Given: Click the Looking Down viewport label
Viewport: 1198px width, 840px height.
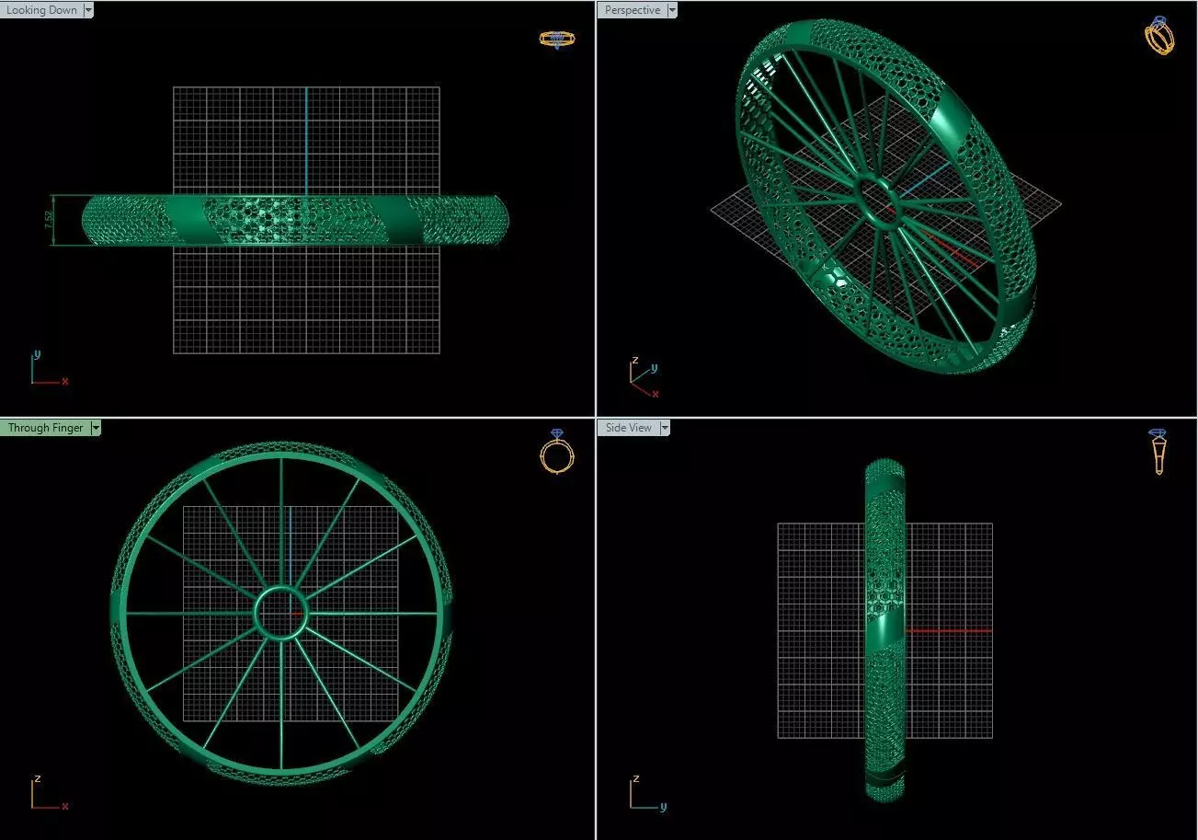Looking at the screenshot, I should coord(41,10).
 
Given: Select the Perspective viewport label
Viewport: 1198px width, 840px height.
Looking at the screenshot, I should coord(632,10).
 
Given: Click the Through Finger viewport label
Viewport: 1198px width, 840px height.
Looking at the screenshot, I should coord(45,428).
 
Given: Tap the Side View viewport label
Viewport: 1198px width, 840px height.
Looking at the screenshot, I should coord(629,428).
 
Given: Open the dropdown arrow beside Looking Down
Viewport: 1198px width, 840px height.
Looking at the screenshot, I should coord(88,10).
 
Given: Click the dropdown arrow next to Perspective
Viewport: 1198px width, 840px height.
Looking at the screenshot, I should coord(672,10).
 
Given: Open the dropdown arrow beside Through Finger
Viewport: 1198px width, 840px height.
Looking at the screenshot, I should coord(96,428).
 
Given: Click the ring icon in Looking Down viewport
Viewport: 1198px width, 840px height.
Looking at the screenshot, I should coord(557,40).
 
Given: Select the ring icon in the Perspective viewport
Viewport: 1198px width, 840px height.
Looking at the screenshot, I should coord(1159,36).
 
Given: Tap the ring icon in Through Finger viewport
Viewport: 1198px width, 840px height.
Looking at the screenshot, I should coord(557,452).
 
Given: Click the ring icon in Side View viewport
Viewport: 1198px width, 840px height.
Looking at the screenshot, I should coord(1158,451).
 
